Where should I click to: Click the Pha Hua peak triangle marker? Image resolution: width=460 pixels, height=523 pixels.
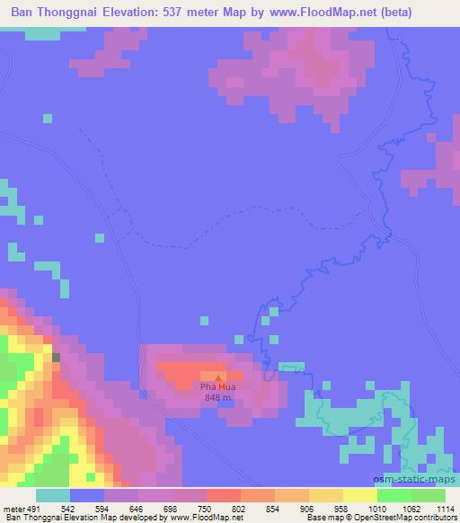(217, 377)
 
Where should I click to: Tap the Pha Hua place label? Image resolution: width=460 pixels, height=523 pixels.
(217, 387)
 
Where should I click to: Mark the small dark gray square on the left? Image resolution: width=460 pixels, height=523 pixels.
(57, 358)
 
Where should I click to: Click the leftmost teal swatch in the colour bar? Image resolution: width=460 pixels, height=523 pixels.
(52, 495)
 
